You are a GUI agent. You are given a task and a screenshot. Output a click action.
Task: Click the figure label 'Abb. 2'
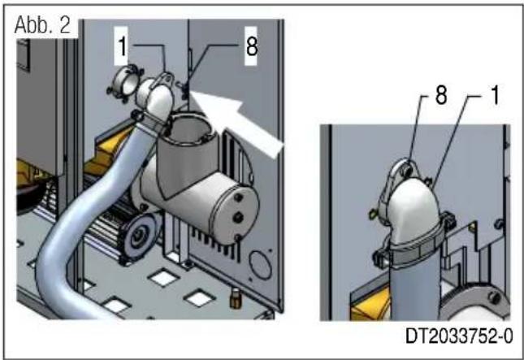pyautogui.click(x=45, y=24)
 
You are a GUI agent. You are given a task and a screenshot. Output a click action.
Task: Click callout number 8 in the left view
pyautogui.click(x=251, y=46)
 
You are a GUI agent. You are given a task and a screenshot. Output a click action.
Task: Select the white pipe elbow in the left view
pyautogui.click(x=154, y=102)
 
